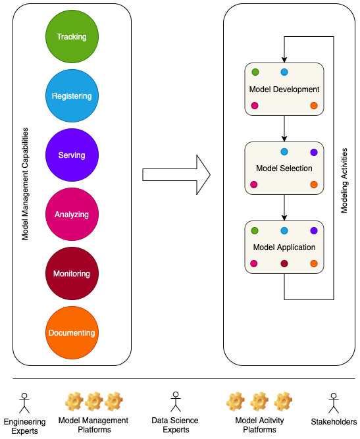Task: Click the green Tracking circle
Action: [x=72, y=36]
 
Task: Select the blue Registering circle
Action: [x=72, y=95]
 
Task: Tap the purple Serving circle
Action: [x=72, y=155]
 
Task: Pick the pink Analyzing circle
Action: [x=72, y=214]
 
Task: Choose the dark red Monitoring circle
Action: [x=72, y=274]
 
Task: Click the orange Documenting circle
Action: [x=72, y=332]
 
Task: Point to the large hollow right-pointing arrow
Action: [x=176, y=174]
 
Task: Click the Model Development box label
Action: [x=284, y=90]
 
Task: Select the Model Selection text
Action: [x=284, y=168]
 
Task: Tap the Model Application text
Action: [x=284, y=247]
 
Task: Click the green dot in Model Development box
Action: [x=255, y=72]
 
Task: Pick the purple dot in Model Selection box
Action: [x=314, y=152]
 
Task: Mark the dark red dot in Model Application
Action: [x=284, y=263]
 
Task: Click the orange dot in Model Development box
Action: [x=314, y=105]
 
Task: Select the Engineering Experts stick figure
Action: [x=24, y=403]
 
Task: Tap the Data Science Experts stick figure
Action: [x=176, y=401]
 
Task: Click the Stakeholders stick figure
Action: [x=334, y=403]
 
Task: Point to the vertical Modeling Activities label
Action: [x=344, y=180]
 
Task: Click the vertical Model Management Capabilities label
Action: [x=25, y=184]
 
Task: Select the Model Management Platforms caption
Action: [x=93, y=425]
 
